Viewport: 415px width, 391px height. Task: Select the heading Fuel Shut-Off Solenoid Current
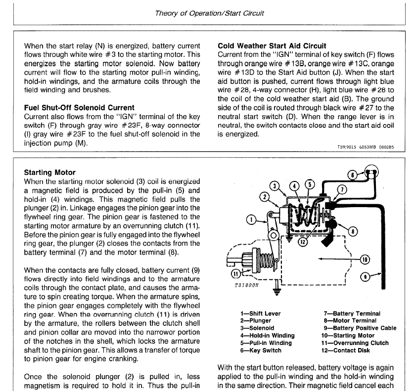coord(79,107)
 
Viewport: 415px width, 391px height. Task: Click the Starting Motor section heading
coord(50,173)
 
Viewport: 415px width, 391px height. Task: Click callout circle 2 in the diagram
coord(265,197)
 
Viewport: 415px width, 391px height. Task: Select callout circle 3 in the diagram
coord(276,186)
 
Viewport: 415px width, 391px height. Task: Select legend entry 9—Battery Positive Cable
coord(353,328)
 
